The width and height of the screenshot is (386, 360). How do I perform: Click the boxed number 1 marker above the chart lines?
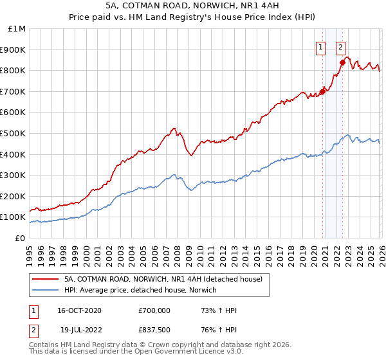320,46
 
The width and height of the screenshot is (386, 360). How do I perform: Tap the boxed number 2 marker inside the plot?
340,46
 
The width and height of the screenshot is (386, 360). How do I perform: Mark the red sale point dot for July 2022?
342,62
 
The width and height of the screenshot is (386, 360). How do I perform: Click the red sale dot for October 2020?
322,91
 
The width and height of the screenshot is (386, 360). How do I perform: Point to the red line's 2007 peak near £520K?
174,129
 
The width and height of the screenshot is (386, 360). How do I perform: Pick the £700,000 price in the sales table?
154,310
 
